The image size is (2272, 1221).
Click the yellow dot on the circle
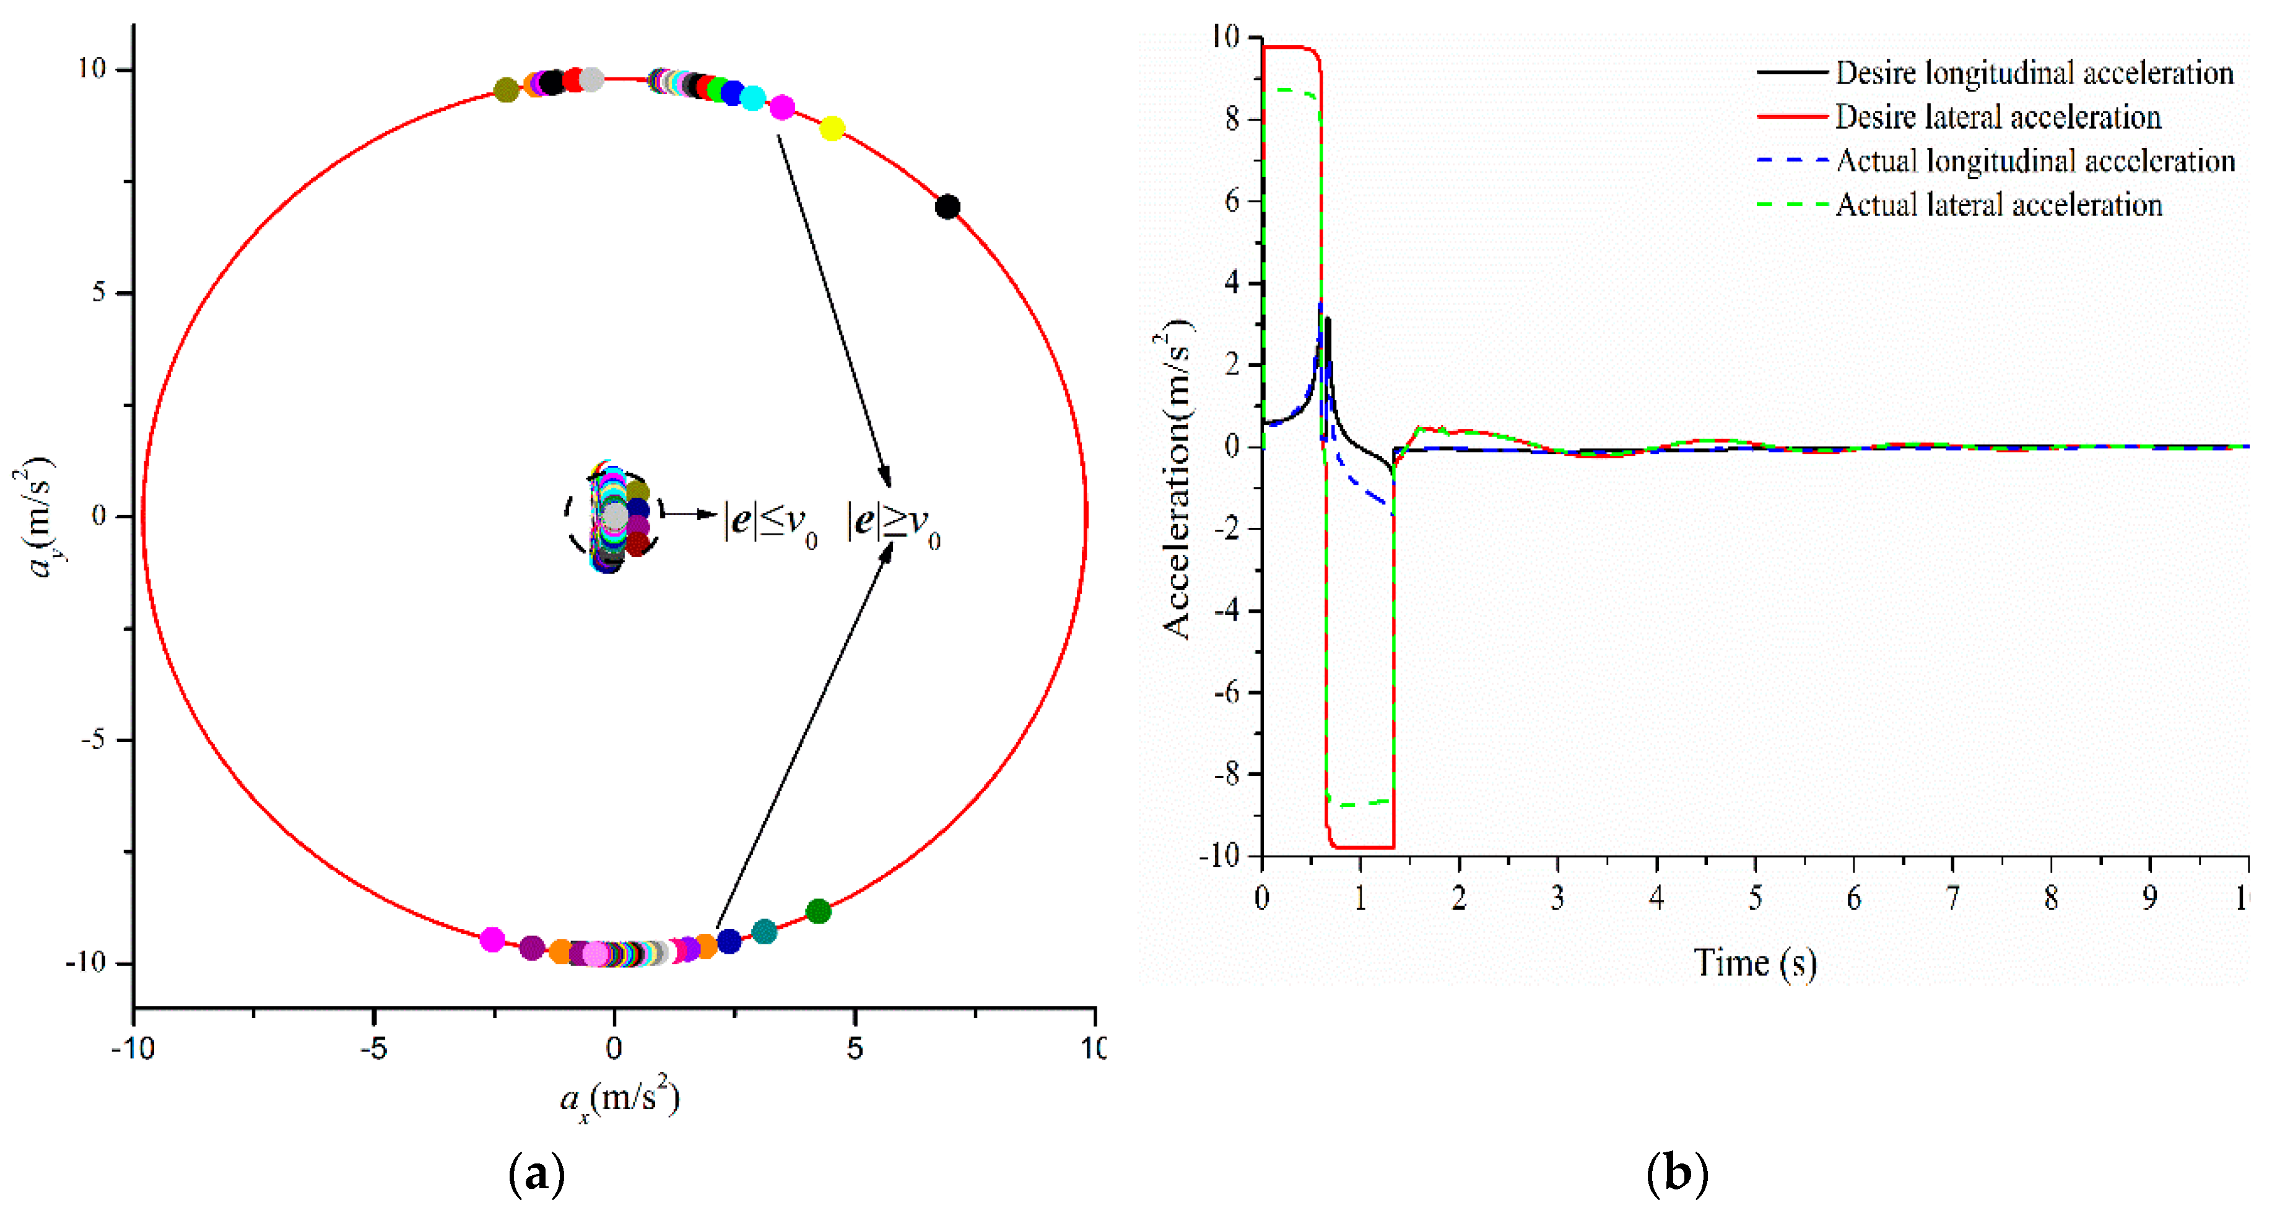point(832,129)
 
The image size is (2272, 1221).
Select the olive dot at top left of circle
point(505,90)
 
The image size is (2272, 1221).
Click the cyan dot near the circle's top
point(752,98)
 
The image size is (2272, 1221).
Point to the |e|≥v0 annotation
point(892,524)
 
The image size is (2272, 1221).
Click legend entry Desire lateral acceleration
point(1997,117)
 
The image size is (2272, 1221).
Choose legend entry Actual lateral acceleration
point(1998,205)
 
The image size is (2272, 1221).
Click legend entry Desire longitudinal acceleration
point(2033,73)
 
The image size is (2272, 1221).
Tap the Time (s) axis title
point(1754,963)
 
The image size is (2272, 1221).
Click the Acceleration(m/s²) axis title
point(1177,480)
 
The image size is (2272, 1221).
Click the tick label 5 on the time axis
point(1754,899)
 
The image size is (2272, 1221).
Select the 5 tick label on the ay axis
point(99,293)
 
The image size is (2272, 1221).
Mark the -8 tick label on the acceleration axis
point(1225,774)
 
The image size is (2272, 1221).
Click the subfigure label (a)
point(536,1174)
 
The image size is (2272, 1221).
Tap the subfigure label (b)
point(1677,1174)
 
